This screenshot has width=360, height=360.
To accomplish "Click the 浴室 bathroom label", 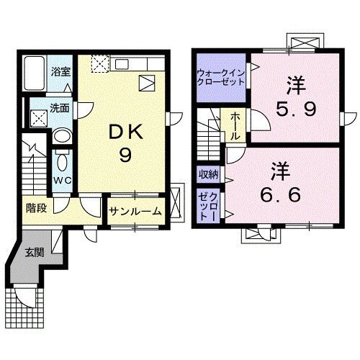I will click(x=60, y=72).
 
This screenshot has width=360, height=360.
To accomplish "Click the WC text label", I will click(x=61, y=180).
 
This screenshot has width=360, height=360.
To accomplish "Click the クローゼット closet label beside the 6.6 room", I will click(x=209, y=206).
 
